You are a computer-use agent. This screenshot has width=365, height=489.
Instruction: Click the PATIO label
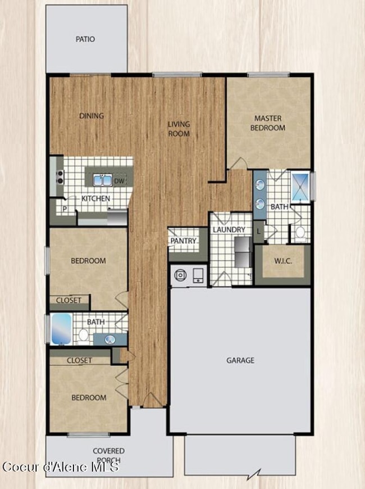coord(85,39)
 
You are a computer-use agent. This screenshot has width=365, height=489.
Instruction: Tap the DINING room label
coord(92,116)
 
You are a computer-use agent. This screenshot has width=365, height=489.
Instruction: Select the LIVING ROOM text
coord(179,129)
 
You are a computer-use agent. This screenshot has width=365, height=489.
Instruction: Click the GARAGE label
coord(240,360)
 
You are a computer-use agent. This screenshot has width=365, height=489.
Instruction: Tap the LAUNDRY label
coord(229,230)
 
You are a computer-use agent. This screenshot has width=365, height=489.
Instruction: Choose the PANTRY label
coord(184,241)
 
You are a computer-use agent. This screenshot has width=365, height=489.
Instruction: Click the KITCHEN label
coord(95,198)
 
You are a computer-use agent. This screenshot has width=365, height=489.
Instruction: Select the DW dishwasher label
coord(119,181)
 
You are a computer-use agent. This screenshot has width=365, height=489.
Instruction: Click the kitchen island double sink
coord(102,180)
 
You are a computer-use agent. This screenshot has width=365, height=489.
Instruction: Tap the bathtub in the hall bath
coord(61,329)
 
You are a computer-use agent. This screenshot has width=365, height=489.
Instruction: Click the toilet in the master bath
coord(300,232)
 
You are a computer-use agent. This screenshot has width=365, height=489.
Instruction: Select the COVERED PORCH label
coord(109,455)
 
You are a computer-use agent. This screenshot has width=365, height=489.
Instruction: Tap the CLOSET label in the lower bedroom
coord(79,360)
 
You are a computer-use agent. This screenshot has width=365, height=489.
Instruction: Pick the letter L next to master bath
coord(258,230)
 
